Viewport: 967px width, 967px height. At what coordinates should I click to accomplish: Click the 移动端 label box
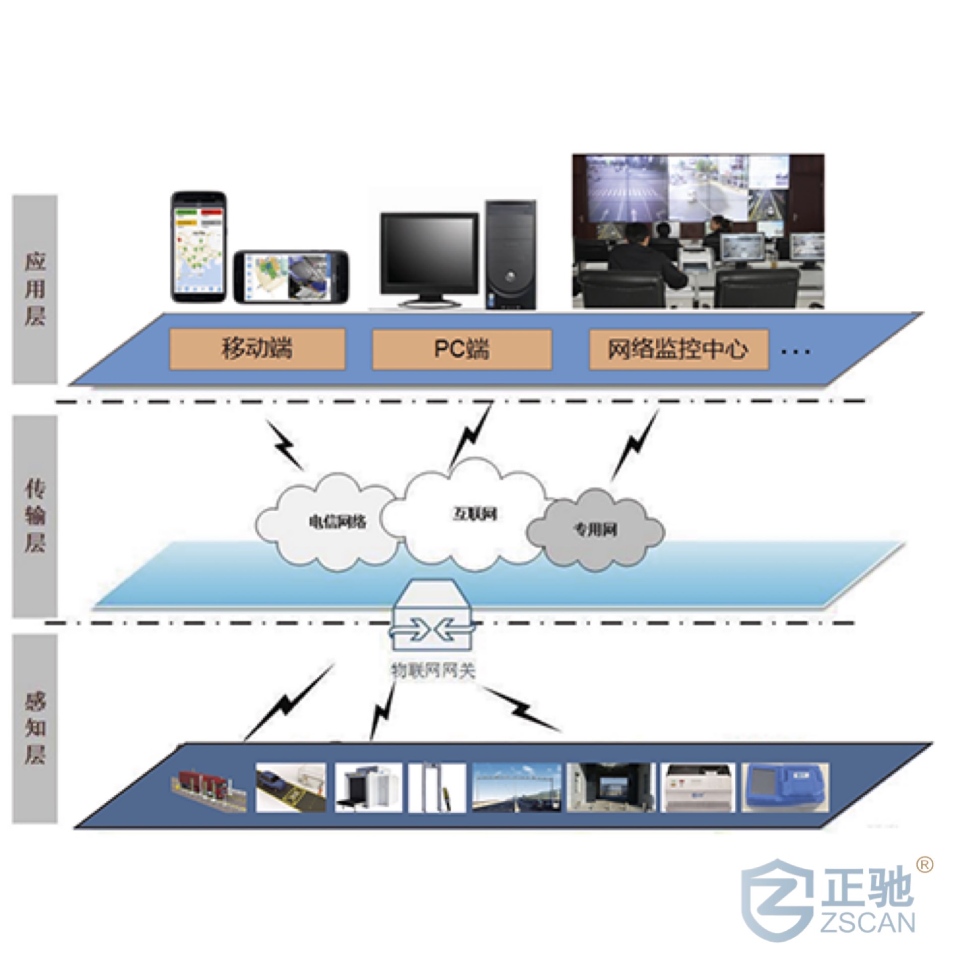[257, 349]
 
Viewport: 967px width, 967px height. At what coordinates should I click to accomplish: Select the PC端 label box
[461, 349]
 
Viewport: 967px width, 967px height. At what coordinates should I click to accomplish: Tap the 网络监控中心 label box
[678, 349]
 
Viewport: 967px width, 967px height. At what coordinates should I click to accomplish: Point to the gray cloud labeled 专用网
[595, 530]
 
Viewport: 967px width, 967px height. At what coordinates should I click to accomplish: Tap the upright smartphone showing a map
[198, 247]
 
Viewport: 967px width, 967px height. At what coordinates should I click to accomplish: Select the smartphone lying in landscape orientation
[291, 277]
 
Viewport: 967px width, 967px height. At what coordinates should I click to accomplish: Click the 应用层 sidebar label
[35, 290]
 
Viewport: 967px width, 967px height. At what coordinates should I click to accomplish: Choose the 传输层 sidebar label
[35, 516]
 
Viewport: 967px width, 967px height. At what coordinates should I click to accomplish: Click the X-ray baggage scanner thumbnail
[369, 787]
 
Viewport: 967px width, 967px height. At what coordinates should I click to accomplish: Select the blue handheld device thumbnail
[785, 787]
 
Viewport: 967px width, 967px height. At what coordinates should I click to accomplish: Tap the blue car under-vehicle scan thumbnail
[291, 787]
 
